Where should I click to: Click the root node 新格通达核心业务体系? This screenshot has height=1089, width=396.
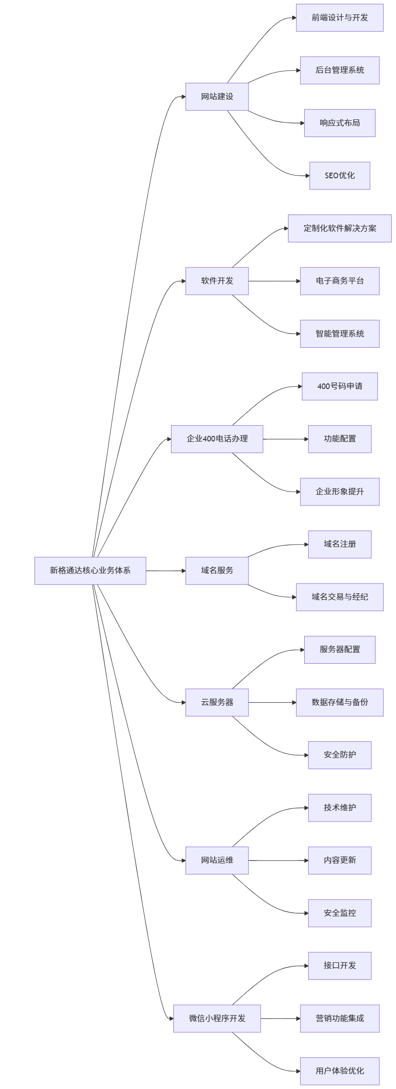click(90, 570)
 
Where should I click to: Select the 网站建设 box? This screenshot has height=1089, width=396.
click(217, 97)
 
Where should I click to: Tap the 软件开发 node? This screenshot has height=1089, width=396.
click(217, 281)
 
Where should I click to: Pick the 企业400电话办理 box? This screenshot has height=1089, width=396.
click(217, 439)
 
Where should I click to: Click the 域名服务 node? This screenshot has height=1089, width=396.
click(217, 570)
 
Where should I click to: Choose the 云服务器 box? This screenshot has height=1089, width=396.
click(217, 702)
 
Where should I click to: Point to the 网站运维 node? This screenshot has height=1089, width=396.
click(217, 860)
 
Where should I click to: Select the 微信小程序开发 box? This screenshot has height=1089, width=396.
click(217, 1018)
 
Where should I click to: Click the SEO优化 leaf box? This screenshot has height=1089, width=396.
click(339, 175)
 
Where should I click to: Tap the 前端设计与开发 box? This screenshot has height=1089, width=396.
click(339, 18)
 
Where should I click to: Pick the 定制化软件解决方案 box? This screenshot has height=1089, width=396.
click(339, 228)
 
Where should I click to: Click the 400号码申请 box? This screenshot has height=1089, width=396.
click(339, 386)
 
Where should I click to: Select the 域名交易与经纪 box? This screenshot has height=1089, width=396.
click(339, 597)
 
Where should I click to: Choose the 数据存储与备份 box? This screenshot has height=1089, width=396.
click(339, 702)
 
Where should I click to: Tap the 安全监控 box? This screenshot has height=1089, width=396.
click(339, 913)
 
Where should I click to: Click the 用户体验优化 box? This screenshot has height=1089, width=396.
click(339, 1071)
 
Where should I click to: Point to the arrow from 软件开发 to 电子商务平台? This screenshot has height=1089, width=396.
click(274, 281)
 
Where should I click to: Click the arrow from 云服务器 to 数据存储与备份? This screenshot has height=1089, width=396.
click(272, 703)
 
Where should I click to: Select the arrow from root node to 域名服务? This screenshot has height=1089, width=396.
click(166, 571)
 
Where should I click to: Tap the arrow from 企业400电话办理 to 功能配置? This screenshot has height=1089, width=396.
click(285, 439)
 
